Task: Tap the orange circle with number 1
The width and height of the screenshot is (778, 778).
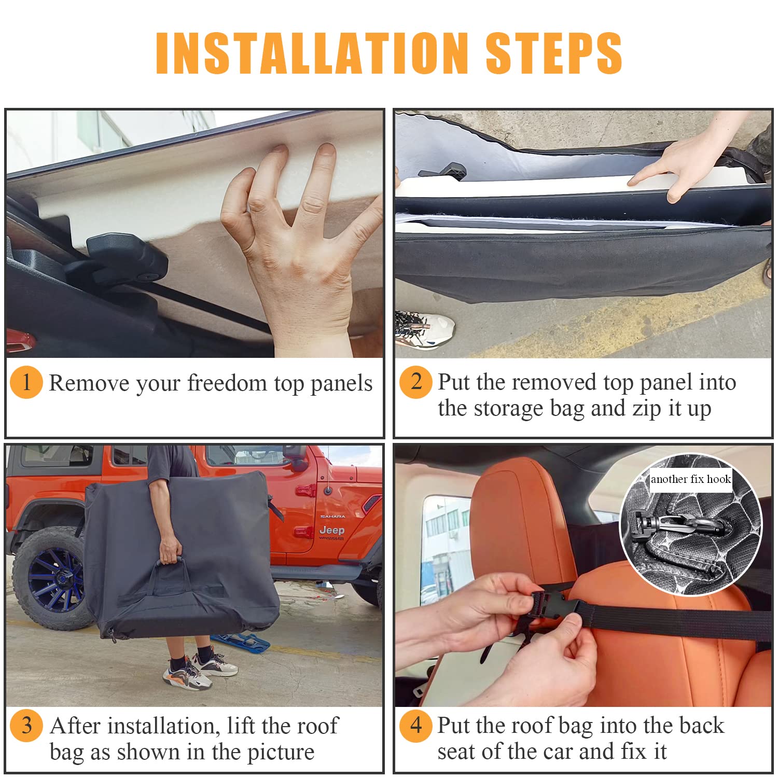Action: (x=26, y=383)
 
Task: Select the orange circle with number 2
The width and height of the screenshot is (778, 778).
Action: (x=415, y=382)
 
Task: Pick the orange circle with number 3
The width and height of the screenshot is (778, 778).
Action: (x=26, y=725)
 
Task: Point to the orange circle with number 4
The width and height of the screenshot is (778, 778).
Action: (x=415, y=725)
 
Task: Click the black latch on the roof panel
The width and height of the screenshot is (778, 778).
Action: (x=124, y=257)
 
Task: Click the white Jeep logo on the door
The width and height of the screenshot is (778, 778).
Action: (x=332, y=530)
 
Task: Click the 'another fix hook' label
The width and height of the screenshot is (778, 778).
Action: (x=691, y=479)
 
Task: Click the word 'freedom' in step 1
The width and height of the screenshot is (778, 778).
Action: (x=227, y=384)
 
